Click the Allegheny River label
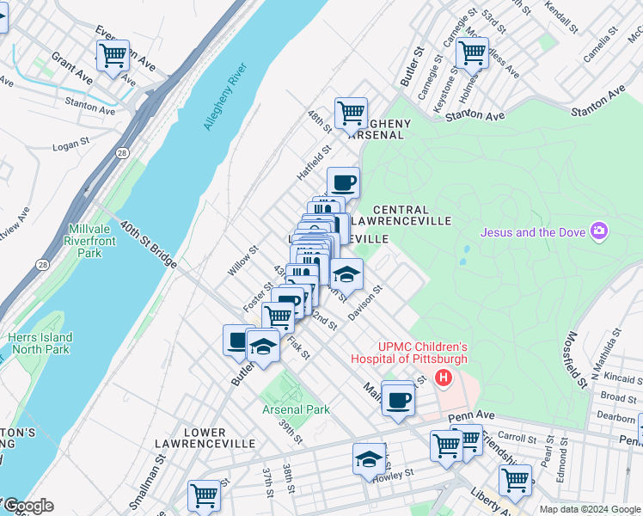tap(224, 96)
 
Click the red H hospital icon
tap(443, 378)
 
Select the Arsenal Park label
tap(297, 410)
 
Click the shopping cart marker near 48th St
tap(351, 113)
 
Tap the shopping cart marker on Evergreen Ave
tap(113, 56)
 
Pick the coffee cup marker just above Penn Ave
tap(398, 400)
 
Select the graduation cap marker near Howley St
tap(369, 459)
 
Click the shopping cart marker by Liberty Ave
tap(515, 479)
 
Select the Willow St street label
tap(242, 262)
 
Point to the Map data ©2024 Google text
tap(589, 509)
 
